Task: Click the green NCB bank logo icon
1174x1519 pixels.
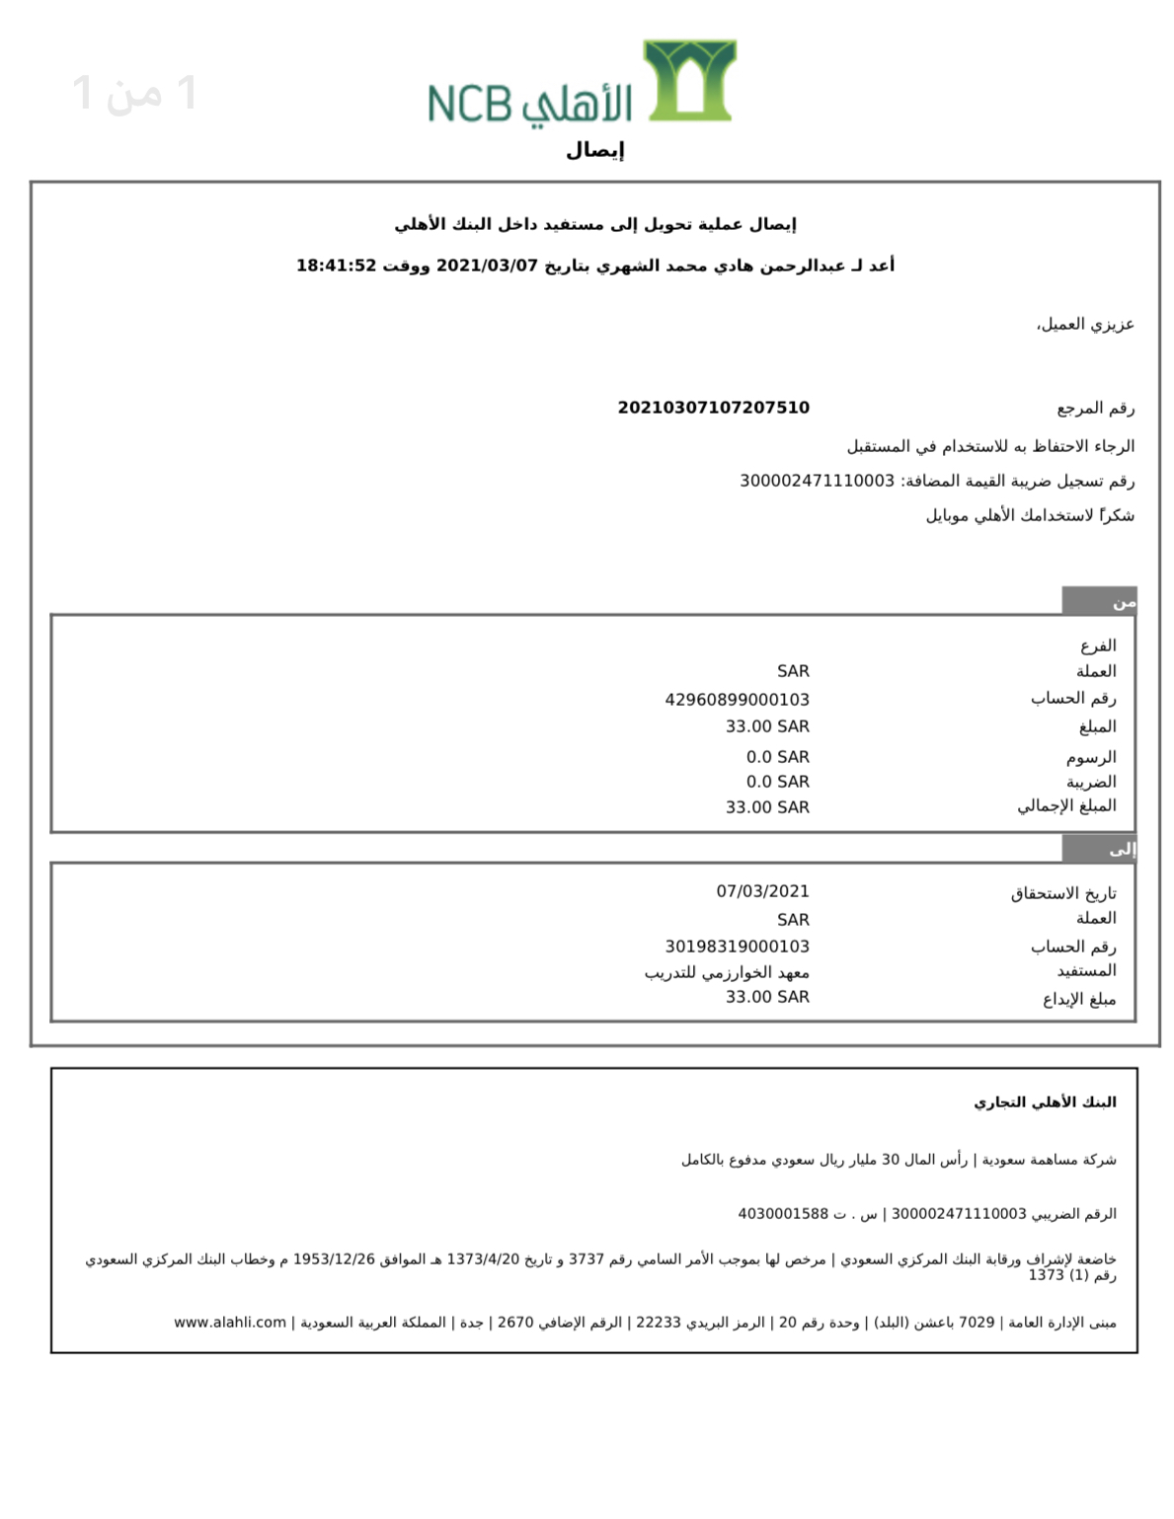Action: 689,80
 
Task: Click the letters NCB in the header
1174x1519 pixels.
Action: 470,104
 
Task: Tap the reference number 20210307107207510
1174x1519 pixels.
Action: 713,408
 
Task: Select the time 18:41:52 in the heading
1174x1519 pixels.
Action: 337,266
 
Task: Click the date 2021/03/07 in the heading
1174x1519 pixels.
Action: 487,266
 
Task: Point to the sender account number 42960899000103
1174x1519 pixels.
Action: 737,700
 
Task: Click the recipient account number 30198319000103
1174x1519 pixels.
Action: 737,947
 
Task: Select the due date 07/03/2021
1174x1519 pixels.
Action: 762,891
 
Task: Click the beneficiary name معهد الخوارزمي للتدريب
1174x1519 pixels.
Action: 727,972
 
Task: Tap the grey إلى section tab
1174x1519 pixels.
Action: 1099,849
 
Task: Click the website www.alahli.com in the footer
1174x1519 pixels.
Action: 230,1323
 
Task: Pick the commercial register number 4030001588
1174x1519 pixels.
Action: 783,1214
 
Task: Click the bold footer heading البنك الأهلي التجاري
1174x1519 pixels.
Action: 1045,1102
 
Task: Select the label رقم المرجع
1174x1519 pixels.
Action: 1095,408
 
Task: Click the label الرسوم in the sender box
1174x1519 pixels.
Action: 1090,757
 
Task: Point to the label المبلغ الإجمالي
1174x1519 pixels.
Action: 1066,806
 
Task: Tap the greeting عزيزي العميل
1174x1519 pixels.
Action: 1085,325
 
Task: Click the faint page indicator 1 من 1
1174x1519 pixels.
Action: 135,94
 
